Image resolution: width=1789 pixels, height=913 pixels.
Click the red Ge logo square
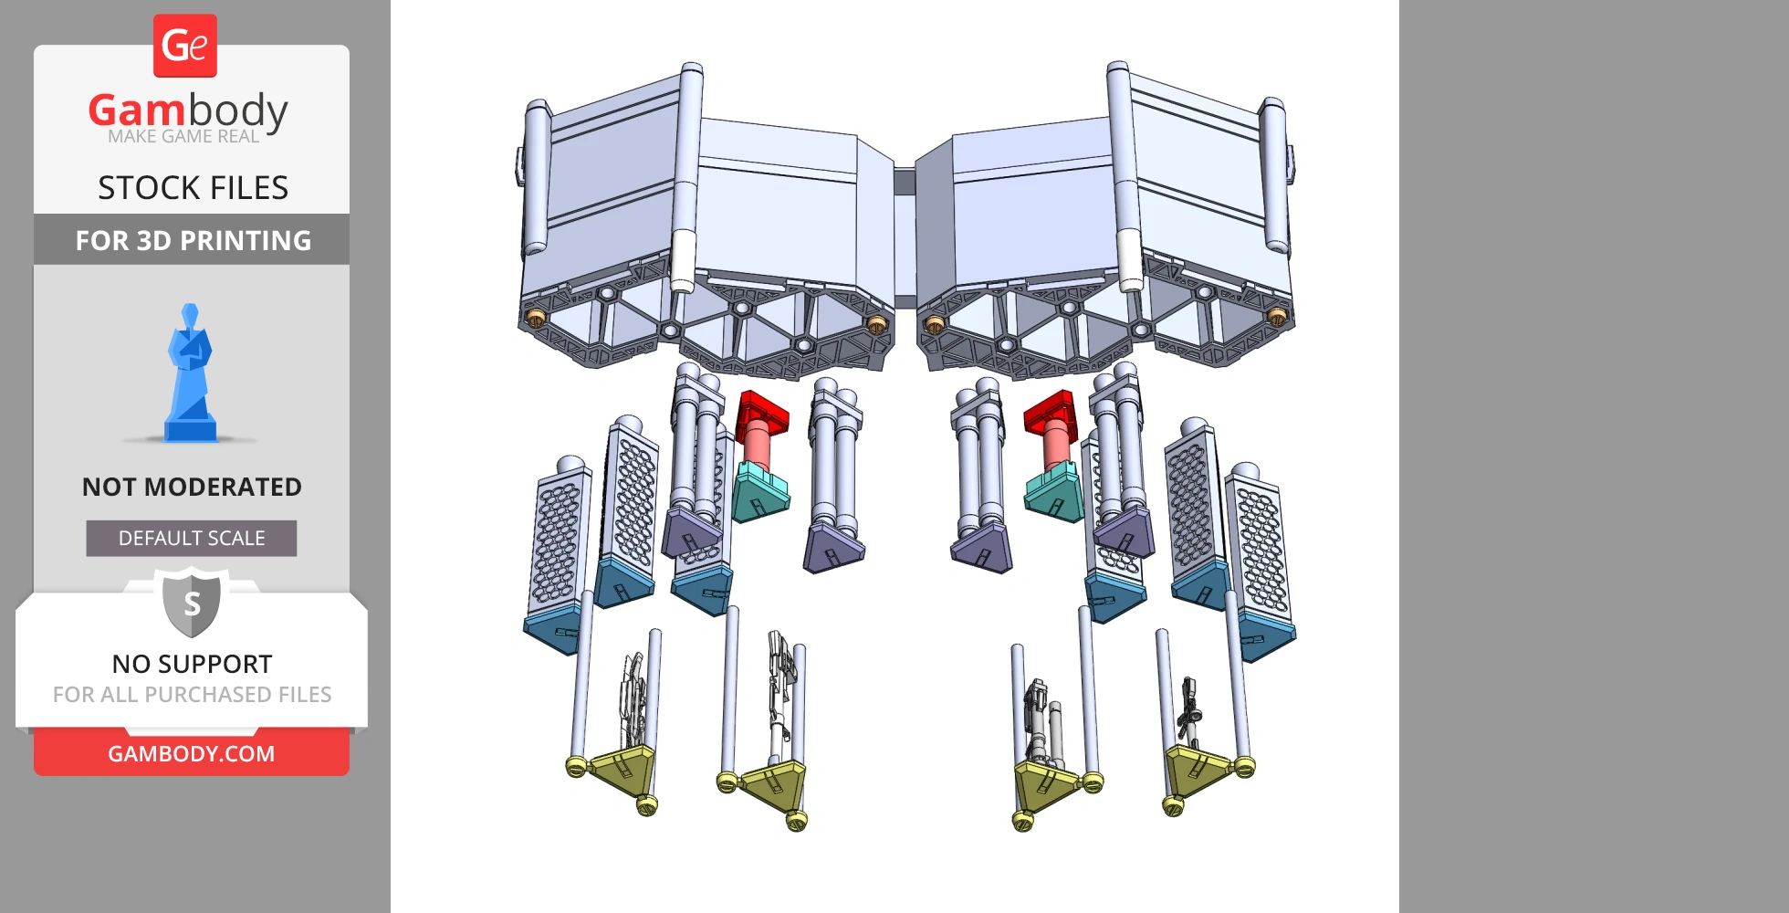pos(185,46)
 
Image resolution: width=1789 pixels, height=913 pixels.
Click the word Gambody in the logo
pos(188,110)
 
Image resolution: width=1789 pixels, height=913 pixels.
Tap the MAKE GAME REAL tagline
pos(183,137)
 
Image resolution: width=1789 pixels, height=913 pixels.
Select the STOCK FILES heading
pos(193,188)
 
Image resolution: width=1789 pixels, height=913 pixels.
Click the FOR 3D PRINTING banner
pos(192,240)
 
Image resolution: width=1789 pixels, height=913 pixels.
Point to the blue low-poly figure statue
pos(190,374)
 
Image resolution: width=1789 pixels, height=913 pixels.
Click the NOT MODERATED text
pos(192,487)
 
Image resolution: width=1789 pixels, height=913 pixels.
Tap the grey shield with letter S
pos(192,602)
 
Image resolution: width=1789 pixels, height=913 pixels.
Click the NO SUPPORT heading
pos(192,664)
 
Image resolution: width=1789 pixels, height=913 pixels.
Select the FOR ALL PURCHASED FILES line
pos(192,695)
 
